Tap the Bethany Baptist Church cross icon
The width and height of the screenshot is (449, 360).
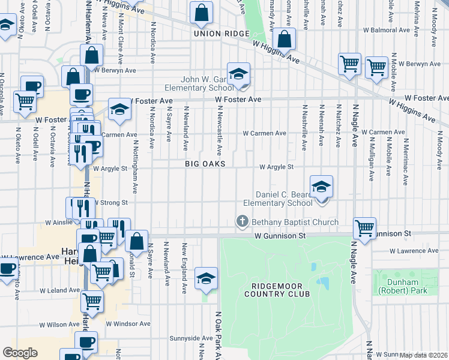(x=243, y=222)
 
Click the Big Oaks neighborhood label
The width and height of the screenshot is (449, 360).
(x=205, y=164)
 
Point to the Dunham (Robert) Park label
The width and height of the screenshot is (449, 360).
(x=399, y=286)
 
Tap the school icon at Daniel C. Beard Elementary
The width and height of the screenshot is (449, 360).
(x=322, y=187)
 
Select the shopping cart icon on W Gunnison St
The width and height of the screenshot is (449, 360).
(x=364, y=228)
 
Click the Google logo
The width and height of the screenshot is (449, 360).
(x=20, y=353)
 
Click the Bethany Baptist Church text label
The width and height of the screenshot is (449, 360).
(x=295, y=222)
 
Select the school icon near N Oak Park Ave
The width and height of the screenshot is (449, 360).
(x=206, y=278)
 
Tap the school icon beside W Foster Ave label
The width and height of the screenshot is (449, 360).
(x=119, y=109)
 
